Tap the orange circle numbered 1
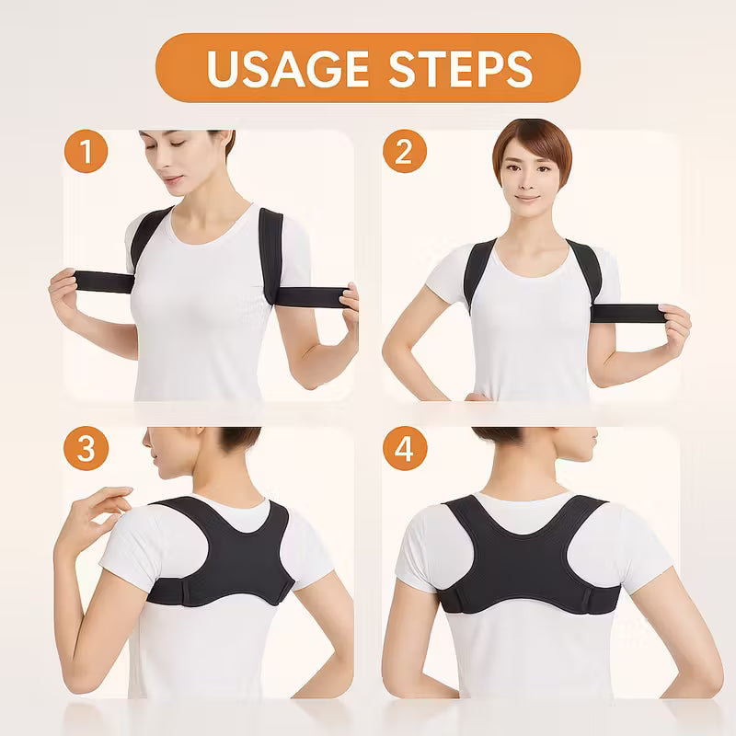click(x=86, y=151)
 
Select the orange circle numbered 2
click(x=405, y=151)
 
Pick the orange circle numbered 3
click(x=86, y=448)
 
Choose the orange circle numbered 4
click(x=405, y=448)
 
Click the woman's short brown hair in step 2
click(x=534, y=141)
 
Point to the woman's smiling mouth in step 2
click(x=527, y=199)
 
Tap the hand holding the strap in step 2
click(x=673, y=328)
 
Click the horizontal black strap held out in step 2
click(x=627, y=313)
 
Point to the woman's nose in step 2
click(x=526, y=180)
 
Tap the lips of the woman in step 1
click(x=172, y=179)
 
